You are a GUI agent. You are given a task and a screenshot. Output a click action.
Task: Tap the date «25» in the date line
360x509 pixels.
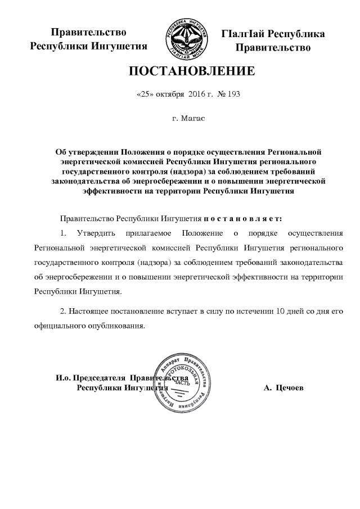click(146, 94)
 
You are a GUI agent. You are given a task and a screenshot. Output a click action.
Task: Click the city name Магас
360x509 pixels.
click(192, 119)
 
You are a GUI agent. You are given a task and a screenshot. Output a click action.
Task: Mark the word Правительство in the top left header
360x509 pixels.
click(88, 33)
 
